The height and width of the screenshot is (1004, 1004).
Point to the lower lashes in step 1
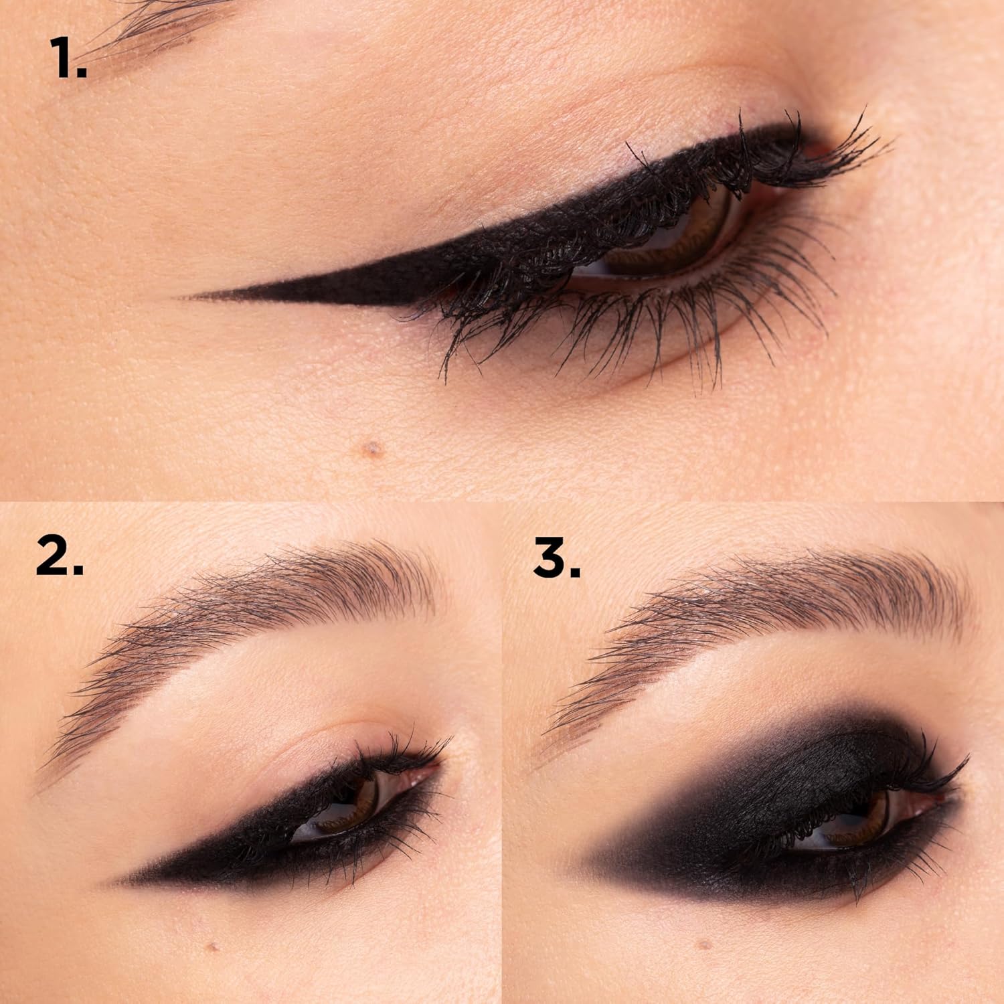(x=602, y=328)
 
